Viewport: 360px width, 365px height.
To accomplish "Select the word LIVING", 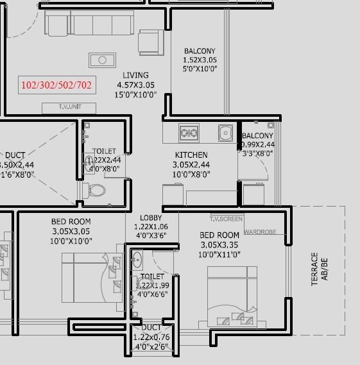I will pyautogui.click(x=135, y=75).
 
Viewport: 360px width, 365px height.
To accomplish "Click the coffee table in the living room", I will pyautogui.click(x=101, y=60).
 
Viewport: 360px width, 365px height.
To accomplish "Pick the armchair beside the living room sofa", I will pyautogui.click(x=151, y=41).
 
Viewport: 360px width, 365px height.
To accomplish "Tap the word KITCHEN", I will pyautogui.click(x=191, y=155).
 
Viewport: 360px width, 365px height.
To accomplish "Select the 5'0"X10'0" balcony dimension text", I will pyautogui.click(x=200, y=69).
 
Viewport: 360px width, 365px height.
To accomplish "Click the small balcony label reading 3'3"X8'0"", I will pyautogui.click(x=257, y=153).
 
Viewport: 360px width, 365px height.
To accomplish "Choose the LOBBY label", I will pyautogui.click(x=151, y=219).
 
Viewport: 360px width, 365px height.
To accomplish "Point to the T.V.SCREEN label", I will pyautogui.click(x=226, y=219).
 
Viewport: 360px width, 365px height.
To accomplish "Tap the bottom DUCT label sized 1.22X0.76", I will pyautogui.click(x=151, y=327).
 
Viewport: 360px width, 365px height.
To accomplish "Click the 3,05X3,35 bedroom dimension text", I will pyautogui.click(x=219, y=245).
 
